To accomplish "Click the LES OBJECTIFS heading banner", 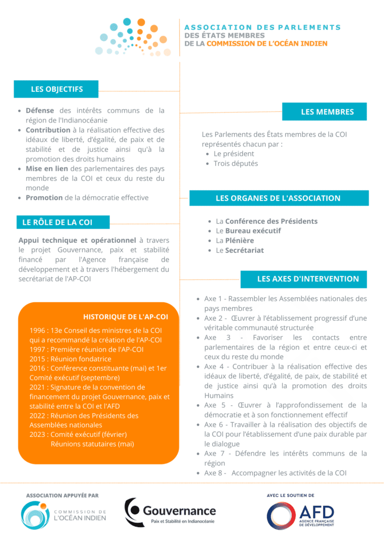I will [x=57, y=89].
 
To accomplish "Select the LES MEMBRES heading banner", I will [x=327, y=112].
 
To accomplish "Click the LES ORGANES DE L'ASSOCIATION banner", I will [x=278, y=198].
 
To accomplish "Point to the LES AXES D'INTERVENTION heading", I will [x=308, y=278].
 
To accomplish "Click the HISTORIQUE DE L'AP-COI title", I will [x=126, y=317].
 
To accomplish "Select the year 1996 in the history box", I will [x=38, y=330].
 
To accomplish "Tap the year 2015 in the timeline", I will [x=38, y=359].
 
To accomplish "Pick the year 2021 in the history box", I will [x=38, y=388].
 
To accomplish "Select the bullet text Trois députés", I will [x=235, y=163].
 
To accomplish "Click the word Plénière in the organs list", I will [x=239, y=240].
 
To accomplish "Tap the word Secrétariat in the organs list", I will [x=244, y=250].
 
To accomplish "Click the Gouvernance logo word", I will [x=179, y=511].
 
